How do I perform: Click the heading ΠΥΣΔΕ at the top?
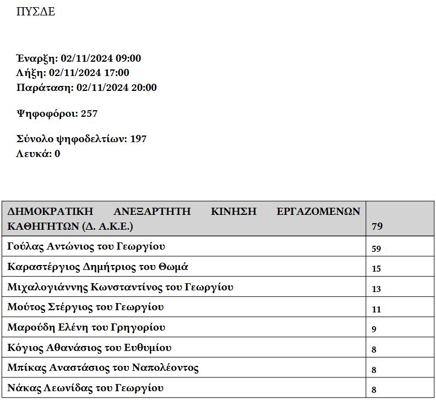(36, 12)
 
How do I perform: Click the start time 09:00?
(128, 58)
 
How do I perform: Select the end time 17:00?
(117, 73)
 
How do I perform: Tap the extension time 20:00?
(144, 88)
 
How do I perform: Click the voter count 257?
(89, 113)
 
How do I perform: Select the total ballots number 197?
(138, 139)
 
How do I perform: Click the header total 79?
(377, 226)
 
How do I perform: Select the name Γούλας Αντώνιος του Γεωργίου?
(86, 247)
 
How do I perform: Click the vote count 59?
(377, 248)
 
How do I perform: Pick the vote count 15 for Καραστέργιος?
(377, 269)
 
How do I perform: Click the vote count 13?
(377, 289)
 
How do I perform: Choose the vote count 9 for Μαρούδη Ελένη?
(374, 329)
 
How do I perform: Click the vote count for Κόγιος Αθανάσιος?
(374, 349)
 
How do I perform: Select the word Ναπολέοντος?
(165, 367)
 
